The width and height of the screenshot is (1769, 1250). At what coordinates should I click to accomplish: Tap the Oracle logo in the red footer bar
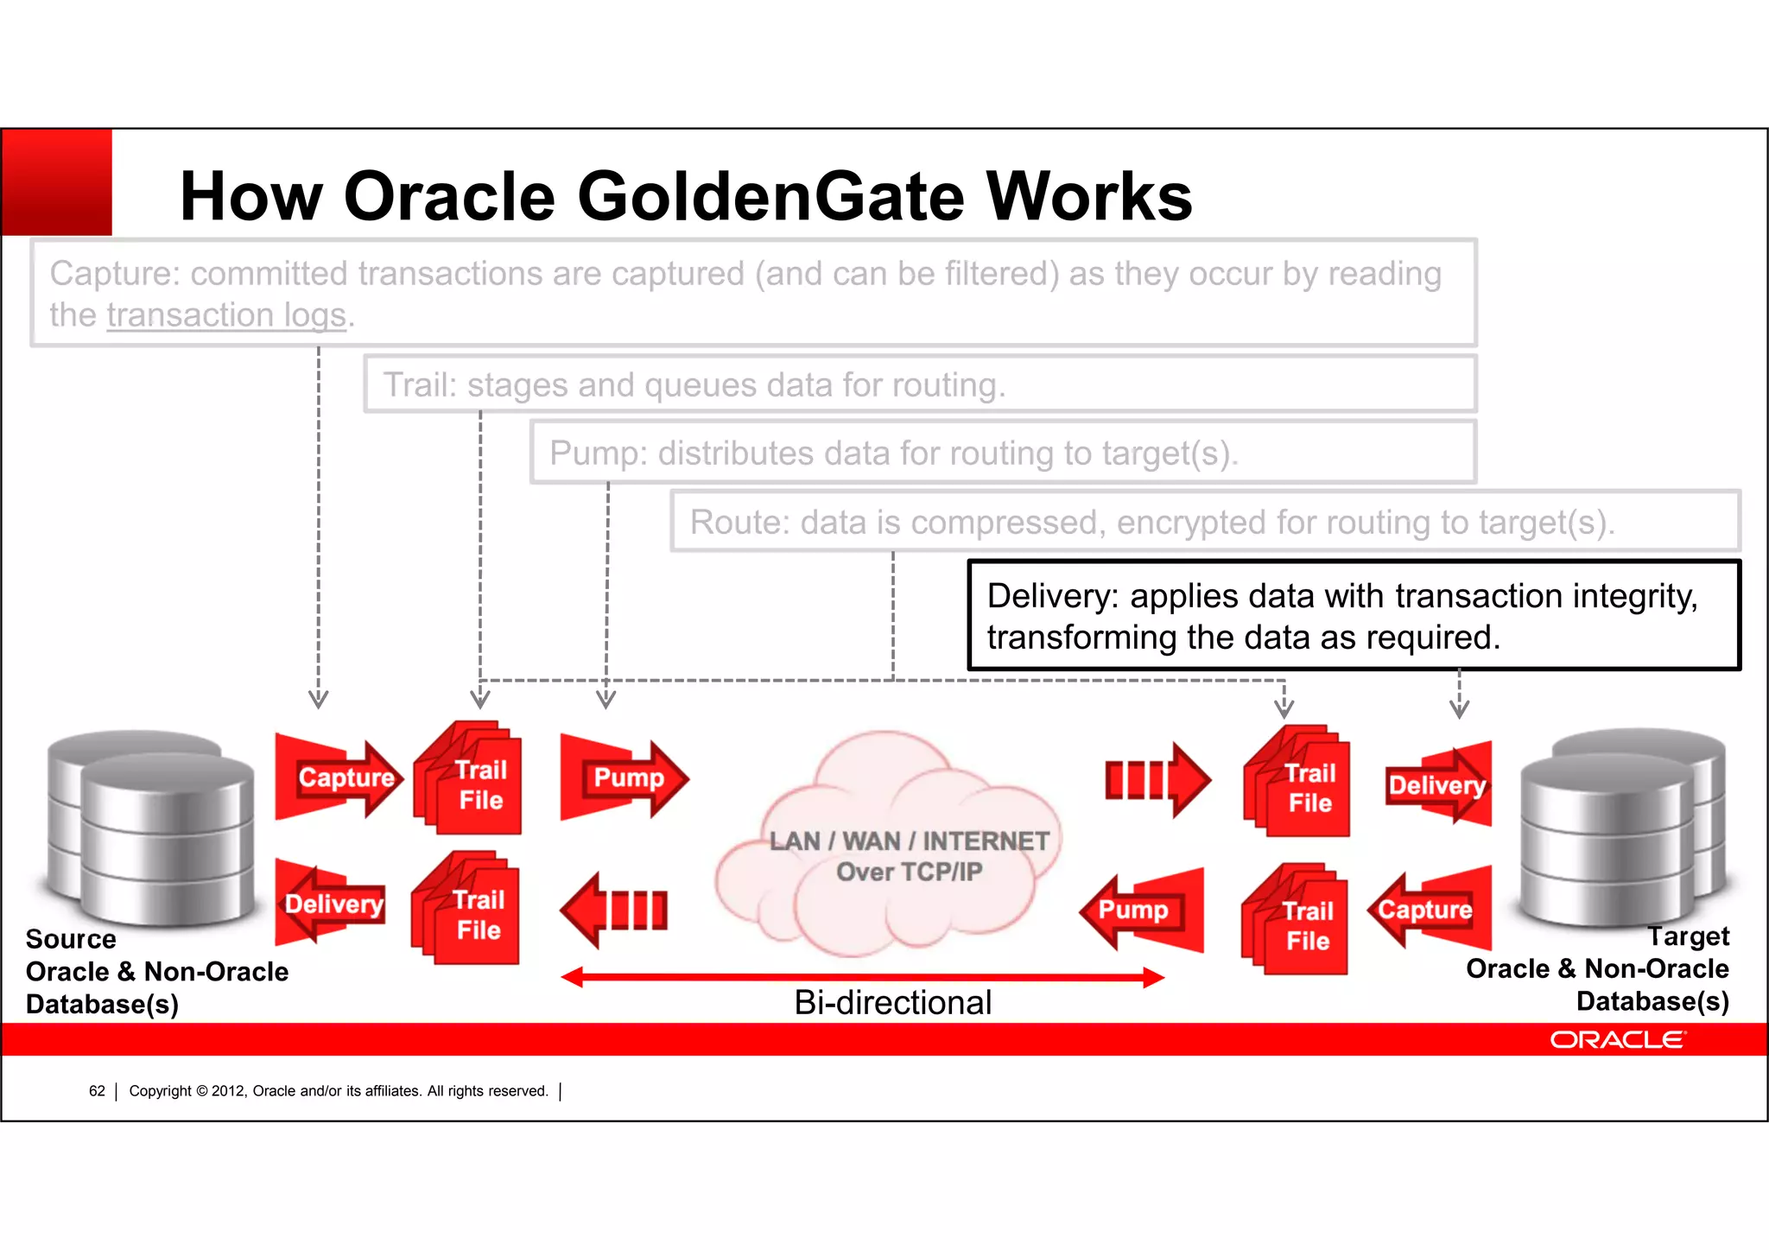click(1616, 1040)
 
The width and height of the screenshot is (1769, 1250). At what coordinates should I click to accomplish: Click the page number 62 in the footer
click(97, 1091)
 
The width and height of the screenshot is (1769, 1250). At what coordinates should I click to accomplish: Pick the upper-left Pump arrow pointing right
click(625, 777)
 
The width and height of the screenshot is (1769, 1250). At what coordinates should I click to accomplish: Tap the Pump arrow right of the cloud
click(1140, 909)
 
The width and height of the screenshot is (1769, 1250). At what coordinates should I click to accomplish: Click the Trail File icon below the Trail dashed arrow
click(471, 782)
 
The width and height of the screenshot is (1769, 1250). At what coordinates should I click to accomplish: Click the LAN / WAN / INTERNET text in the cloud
click(909, 841)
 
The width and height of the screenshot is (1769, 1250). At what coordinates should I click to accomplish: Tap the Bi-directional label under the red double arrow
click(892, 1002)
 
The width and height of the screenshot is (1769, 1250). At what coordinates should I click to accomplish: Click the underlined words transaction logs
click(226, 315)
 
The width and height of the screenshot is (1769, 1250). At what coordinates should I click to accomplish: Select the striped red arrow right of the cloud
click(1157, 780)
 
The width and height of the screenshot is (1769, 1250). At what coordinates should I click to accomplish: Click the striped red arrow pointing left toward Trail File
click(614, 910)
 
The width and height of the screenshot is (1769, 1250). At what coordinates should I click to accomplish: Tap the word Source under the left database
click(71, 939)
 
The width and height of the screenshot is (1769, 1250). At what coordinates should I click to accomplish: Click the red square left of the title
click(57, 182)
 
